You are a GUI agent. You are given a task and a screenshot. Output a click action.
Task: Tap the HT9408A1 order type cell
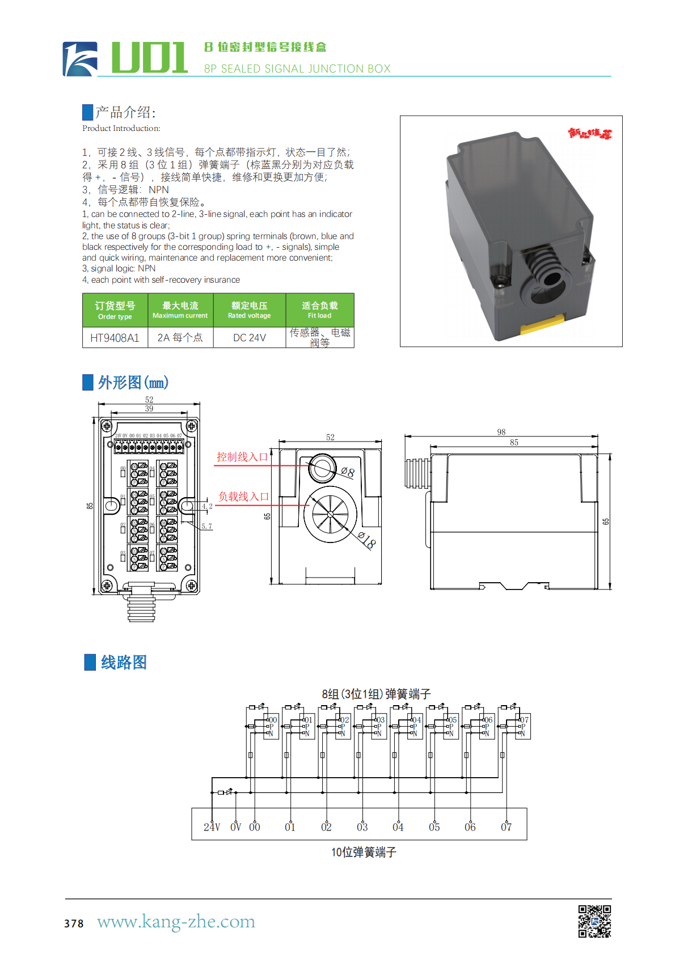pyautogui.click(x=115, y=338)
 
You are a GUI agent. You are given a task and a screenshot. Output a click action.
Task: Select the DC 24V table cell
pyautogui.click(x=249, y=338)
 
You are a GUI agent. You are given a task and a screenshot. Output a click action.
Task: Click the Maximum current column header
pyautogui.click(x=180, y=310)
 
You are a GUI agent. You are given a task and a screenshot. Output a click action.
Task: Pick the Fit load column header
pyautogui.click(x=319, y=310)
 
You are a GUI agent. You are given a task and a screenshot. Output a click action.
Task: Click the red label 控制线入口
pyautogui.click(x=242, y=457)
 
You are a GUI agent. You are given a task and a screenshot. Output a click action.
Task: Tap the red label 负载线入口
pyautogui.click(x=243, y=497)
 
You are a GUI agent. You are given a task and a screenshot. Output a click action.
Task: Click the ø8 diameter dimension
pyautogui.click(x=348, y=472)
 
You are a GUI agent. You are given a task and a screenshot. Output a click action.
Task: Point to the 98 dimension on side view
pyautogui.click(x=501, y=432)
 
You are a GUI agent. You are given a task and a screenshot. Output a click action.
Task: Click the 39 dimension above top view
pyautogui.click(x=149, y=408)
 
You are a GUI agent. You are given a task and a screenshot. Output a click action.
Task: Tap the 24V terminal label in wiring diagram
pyautogui.click(x=212, y=827)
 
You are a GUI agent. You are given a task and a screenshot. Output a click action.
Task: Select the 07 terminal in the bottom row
pyautogui.click(x=506, y=827)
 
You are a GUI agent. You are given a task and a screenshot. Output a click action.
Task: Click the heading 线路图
pyautogui.click(x=124, y=662)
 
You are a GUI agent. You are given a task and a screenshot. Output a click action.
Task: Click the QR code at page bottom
pyautogui.click(x=594, y=921)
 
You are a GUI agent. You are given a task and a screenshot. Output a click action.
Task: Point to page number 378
pyautogui.click(x=74, y=923)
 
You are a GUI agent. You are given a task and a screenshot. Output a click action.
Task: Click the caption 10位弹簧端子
pyautogui.click(x=364, y=852)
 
